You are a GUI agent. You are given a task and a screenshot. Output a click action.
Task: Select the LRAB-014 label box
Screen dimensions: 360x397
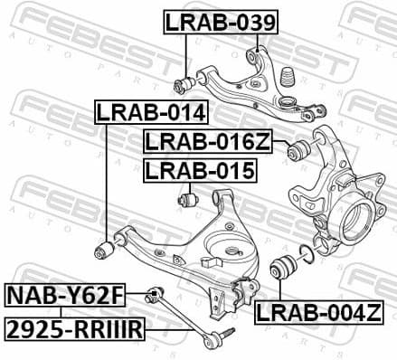[x=152, y=113]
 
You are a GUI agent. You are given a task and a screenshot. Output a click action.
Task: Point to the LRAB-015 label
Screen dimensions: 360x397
[x=200, y=169]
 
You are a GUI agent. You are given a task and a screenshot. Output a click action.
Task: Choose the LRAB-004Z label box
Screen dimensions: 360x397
[x=325, y=313]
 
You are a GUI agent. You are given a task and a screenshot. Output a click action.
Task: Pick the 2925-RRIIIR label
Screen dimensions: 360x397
[x=74, y=329]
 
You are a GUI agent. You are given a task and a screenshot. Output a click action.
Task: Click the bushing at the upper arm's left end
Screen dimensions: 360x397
[x=183, y=86]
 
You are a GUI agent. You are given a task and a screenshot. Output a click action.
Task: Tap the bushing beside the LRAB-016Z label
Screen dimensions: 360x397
[x=295, y=150]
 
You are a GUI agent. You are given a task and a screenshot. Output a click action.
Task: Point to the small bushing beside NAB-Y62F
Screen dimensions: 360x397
[x=154, y=292]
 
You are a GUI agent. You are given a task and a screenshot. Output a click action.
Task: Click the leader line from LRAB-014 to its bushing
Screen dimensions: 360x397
[x=107, y=181]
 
